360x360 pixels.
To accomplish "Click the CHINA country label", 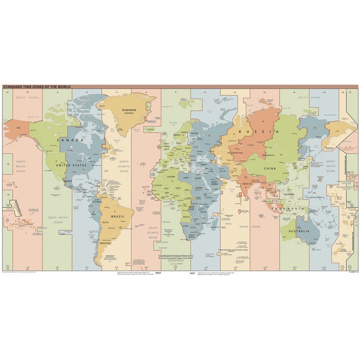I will (270, 168).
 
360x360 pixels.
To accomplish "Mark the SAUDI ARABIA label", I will (214, 184).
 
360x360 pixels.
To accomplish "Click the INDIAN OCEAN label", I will (249, 227).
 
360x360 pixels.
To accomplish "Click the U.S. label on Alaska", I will (19, 128).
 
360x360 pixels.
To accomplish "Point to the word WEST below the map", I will (158, 273).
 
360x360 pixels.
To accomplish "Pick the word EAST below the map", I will (192, 273).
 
